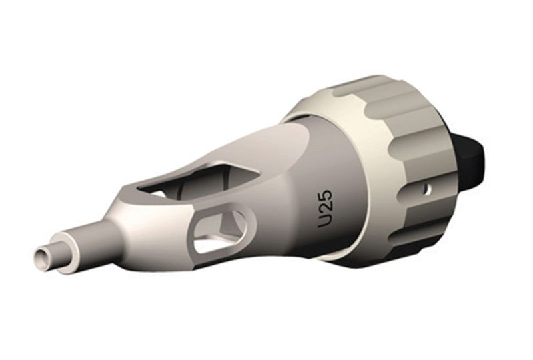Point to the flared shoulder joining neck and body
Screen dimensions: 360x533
pos(117,220)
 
